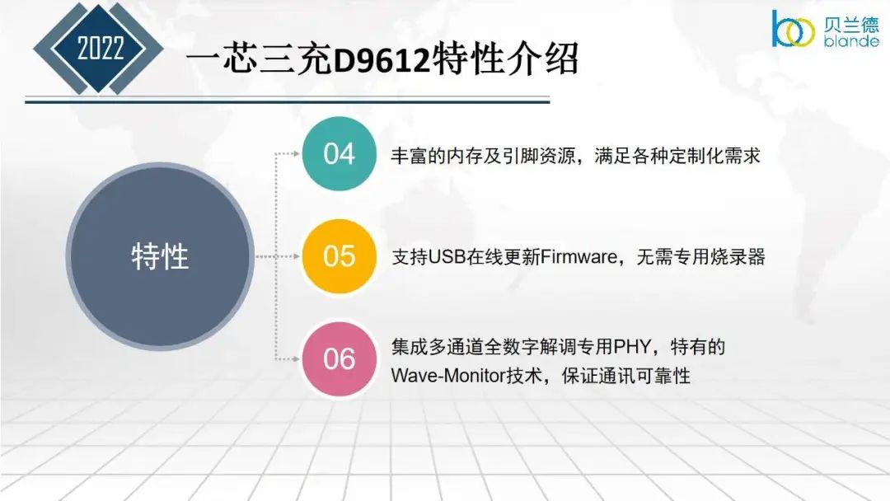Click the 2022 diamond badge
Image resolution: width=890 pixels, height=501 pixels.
tap(98, 49)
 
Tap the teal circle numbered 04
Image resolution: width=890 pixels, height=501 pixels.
tap(340, 154)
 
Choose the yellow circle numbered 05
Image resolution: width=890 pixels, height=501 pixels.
tap(340, 256)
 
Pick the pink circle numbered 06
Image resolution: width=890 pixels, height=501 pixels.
tap(340, 359)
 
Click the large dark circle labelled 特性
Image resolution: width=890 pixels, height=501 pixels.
tap(160, 256)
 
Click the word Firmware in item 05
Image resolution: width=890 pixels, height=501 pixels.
tap(578, 257)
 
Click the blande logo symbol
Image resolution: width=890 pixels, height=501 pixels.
tap(793, 29)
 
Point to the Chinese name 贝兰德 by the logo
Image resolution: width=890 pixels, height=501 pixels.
tap(850, 25)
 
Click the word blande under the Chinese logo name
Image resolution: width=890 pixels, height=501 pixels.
tap(850, 41)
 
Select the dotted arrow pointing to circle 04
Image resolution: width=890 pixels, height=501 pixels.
tap(288, 154)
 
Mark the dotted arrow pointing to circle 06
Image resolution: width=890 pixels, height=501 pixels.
tap(288, 359)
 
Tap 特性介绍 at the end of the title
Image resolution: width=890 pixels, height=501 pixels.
tap(505, 59)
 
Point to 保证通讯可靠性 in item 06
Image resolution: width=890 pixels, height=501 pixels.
tap(626, 376)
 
